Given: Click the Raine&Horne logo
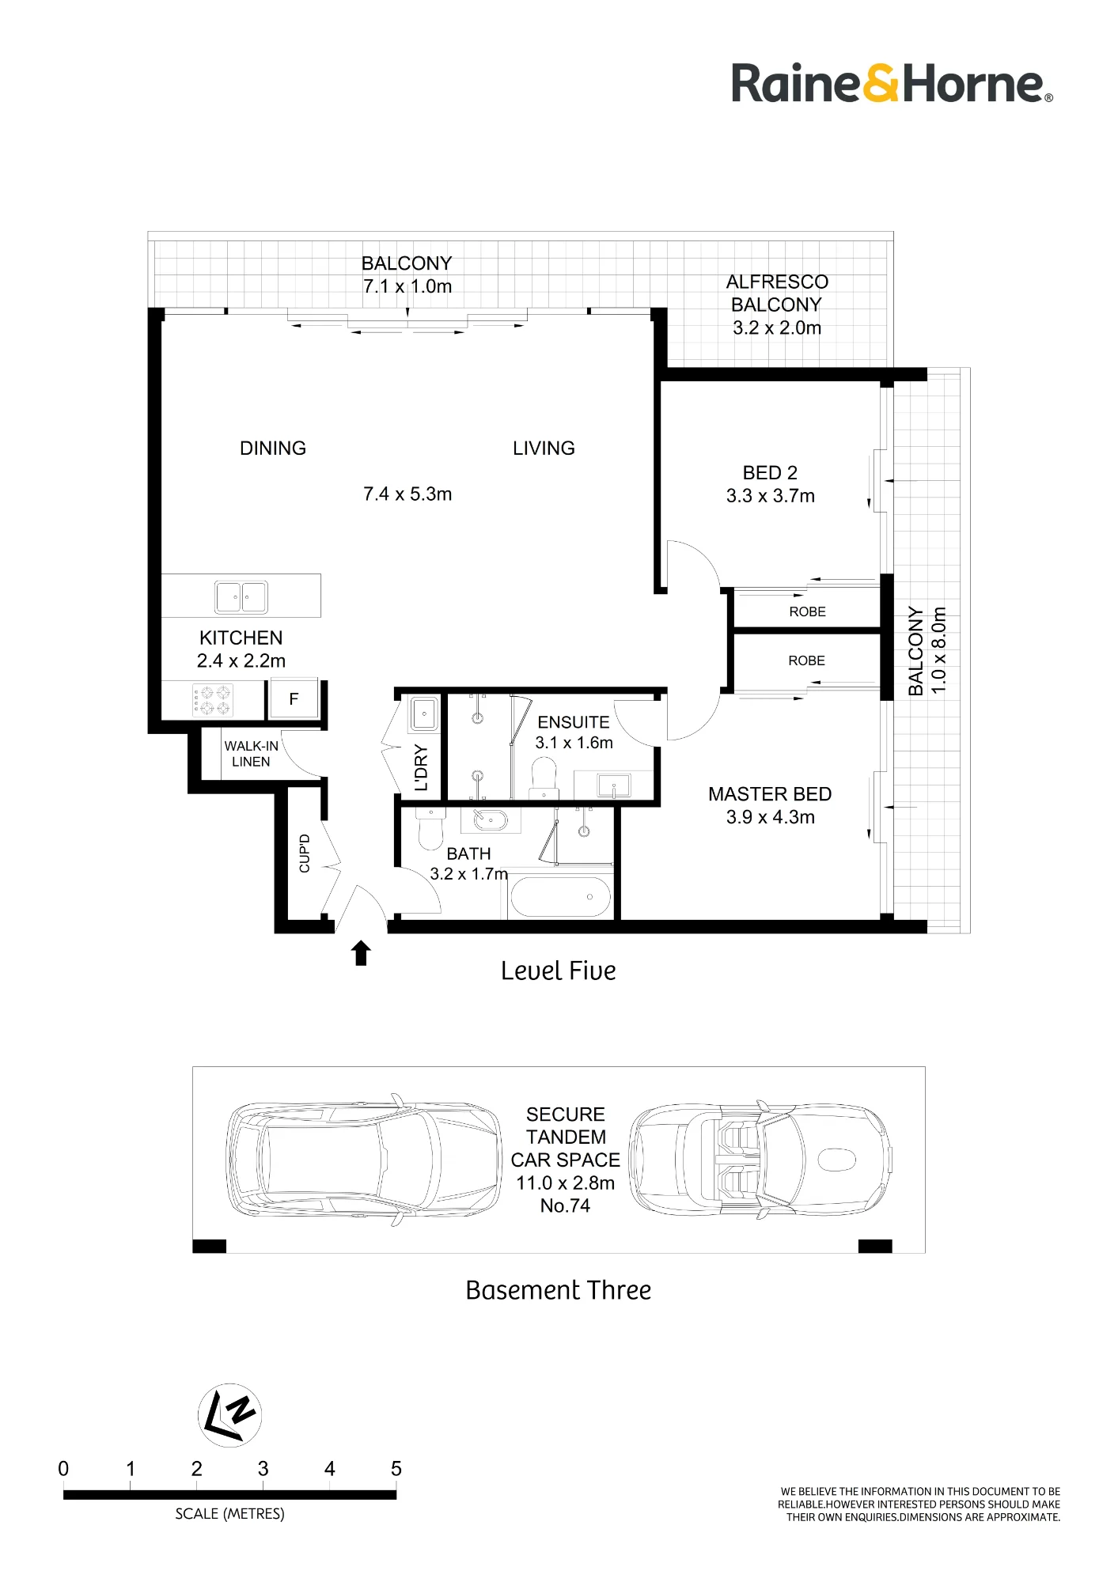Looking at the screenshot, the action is click(892, 84).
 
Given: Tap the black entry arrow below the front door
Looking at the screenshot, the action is click(361, 953).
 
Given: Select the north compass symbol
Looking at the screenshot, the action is click(229, 1415).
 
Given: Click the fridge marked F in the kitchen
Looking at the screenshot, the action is click(294, 699).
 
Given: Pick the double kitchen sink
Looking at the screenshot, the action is click(241, 596).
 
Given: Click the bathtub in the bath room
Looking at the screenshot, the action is click(561, 898).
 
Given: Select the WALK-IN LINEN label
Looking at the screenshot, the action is click(252, 754).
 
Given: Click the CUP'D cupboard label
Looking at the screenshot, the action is click(305, 853).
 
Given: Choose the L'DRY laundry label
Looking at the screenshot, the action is click(421, 767).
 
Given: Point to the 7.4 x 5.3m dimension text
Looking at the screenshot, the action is click(407, 494).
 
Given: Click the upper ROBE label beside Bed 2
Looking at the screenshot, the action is click(807, 611).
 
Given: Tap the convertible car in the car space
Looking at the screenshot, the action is click(760, 1160).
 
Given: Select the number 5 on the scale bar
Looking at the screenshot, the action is click(396, 1469).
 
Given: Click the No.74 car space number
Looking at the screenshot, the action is click(565, 1206).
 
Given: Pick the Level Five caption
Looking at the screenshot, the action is click(559, 971).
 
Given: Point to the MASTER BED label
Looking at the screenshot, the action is click(770, 794).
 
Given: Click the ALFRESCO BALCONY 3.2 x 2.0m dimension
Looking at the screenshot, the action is click(777, 328).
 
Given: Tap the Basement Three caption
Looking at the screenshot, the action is click(559, 1290).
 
